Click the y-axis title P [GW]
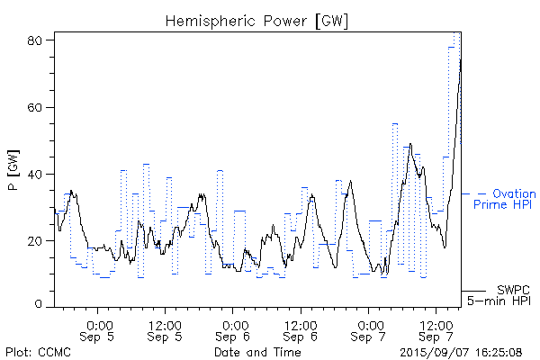tap(13, 173)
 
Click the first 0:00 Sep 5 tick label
tap(99, 330)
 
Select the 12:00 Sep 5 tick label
tap(166, 330)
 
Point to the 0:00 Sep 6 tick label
tap(233, 330)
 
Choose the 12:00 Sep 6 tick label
tap(301, 330)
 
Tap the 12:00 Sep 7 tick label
tap(436, 330)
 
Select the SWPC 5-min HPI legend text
tap(504, 294)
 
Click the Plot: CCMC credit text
tap(36, 352)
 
